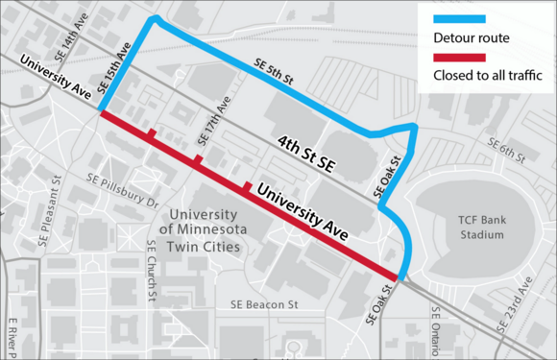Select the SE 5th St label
[x=274, y=73]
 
